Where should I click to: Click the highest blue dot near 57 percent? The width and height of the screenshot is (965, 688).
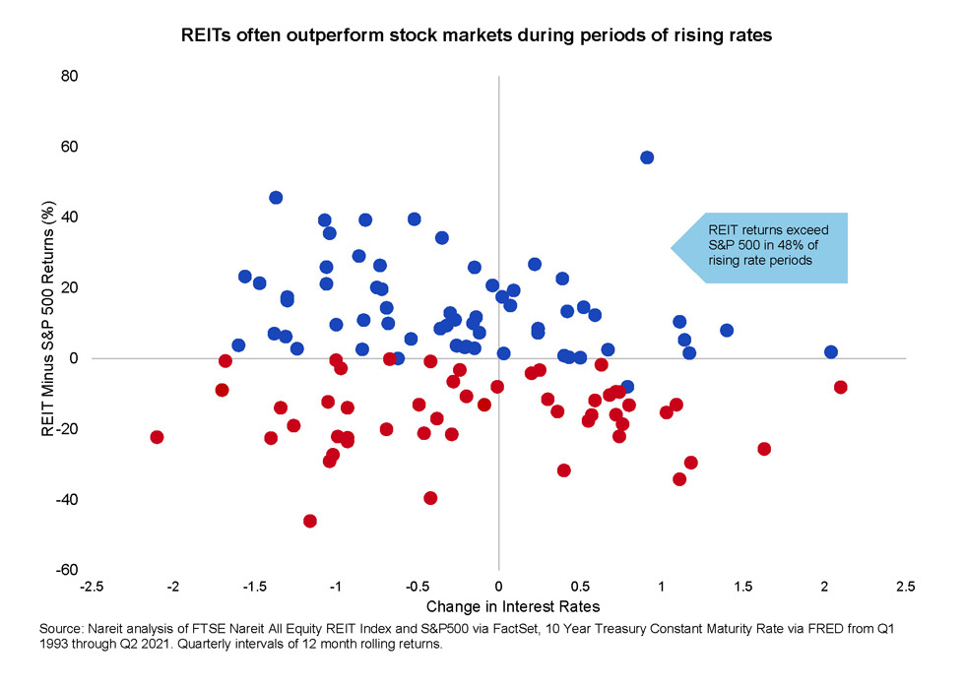click(647, 157)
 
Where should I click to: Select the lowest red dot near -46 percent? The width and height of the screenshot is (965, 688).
click(310, 521)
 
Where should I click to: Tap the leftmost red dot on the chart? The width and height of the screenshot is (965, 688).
click(157, 437)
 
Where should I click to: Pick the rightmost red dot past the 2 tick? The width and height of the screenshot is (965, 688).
click(840, 387)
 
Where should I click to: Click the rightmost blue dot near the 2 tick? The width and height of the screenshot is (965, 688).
click(831, 351)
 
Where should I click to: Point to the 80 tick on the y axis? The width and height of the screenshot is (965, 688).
click(69, 76)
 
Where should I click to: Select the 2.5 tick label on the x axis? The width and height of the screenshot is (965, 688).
click(905, 588)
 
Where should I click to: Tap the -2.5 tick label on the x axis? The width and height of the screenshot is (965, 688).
click(93, 588)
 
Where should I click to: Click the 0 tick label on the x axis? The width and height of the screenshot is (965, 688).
click(499, 588)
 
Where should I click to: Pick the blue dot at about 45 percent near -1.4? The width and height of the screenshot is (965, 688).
click(276, 198)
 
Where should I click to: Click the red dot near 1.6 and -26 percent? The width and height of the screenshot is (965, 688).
click(764, 449)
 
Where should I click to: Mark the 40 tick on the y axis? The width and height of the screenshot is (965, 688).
click(69, 218)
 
